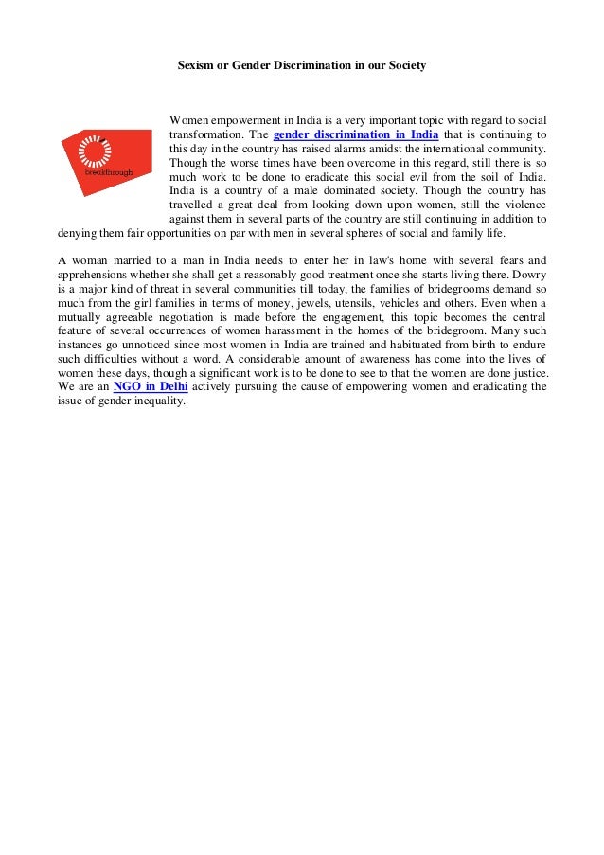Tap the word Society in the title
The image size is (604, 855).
coord(405,66)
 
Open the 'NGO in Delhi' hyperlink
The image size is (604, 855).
coord(150,386)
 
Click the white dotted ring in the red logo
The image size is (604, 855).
coord(95,152)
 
